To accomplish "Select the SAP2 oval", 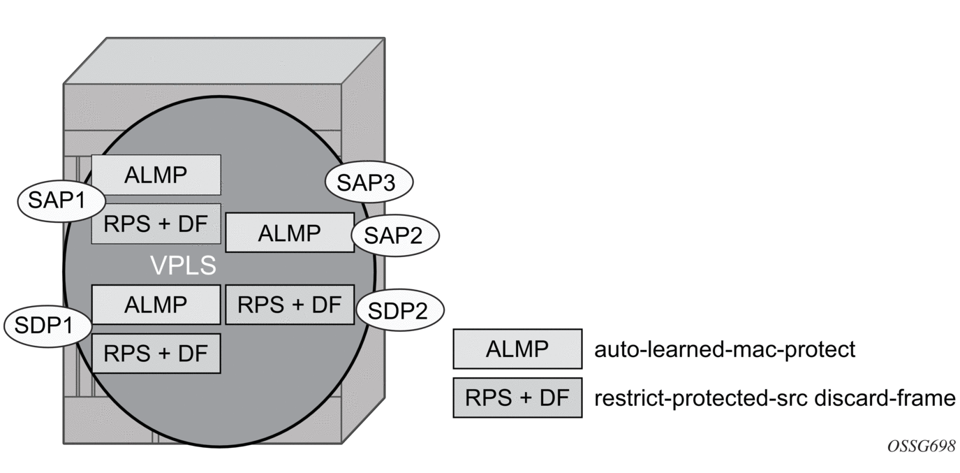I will tap(395, 235).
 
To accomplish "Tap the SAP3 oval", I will tap(369, 182).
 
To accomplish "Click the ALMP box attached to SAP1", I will tap(156, 175).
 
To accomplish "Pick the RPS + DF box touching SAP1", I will tap(156, 223).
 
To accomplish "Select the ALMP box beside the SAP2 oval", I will tap(290, 233).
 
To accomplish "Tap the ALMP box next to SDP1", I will tap(156, 305).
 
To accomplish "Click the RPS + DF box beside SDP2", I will tap(290, 305).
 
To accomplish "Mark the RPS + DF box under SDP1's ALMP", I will tap(156, 353).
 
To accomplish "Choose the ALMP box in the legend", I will tap(517, 349).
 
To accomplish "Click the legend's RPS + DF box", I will tap(517, 398).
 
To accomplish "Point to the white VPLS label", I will tap(184, 265).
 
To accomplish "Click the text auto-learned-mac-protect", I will tap(724, 349).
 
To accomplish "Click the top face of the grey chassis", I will tap(223, 61).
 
